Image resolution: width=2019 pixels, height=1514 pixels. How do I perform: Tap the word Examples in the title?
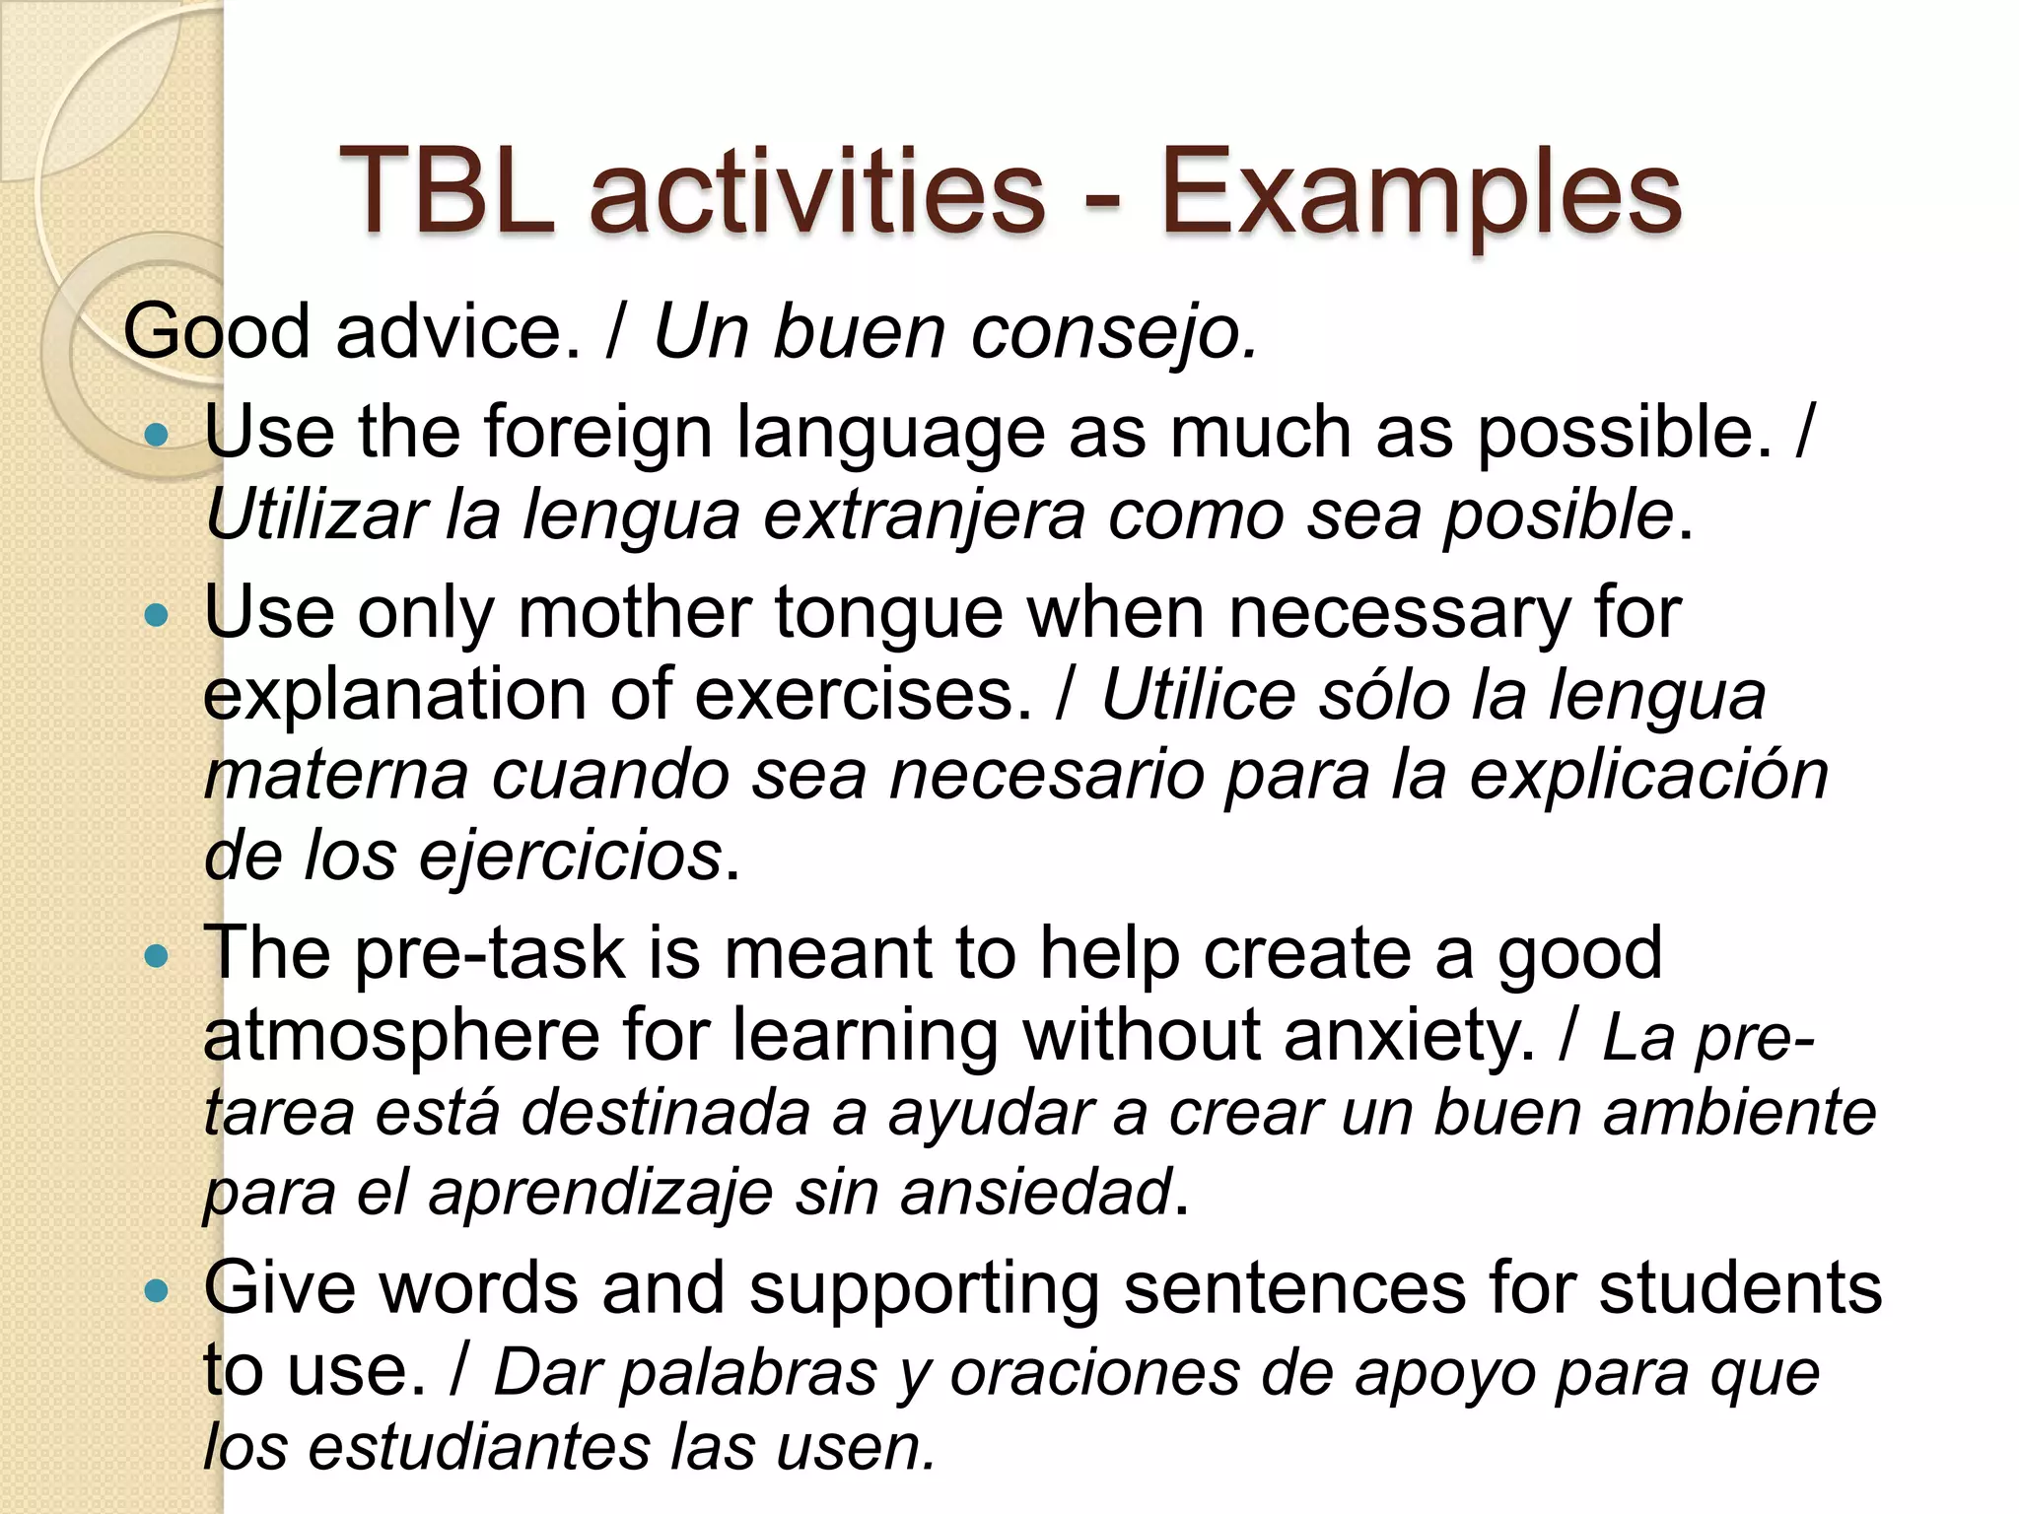[1419, 193]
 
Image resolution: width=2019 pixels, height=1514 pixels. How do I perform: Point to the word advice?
[458, 331]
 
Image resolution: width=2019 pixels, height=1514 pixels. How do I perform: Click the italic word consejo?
[1114, 333]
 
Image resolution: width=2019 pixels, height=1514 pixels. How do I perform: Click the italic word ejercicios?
[571, 857]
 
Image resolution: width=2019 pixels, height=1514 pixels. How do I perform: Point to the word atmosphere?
[400, 1036]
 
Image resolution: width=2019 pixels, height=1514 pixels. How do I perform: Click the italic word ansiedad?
[1037, 1193]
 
